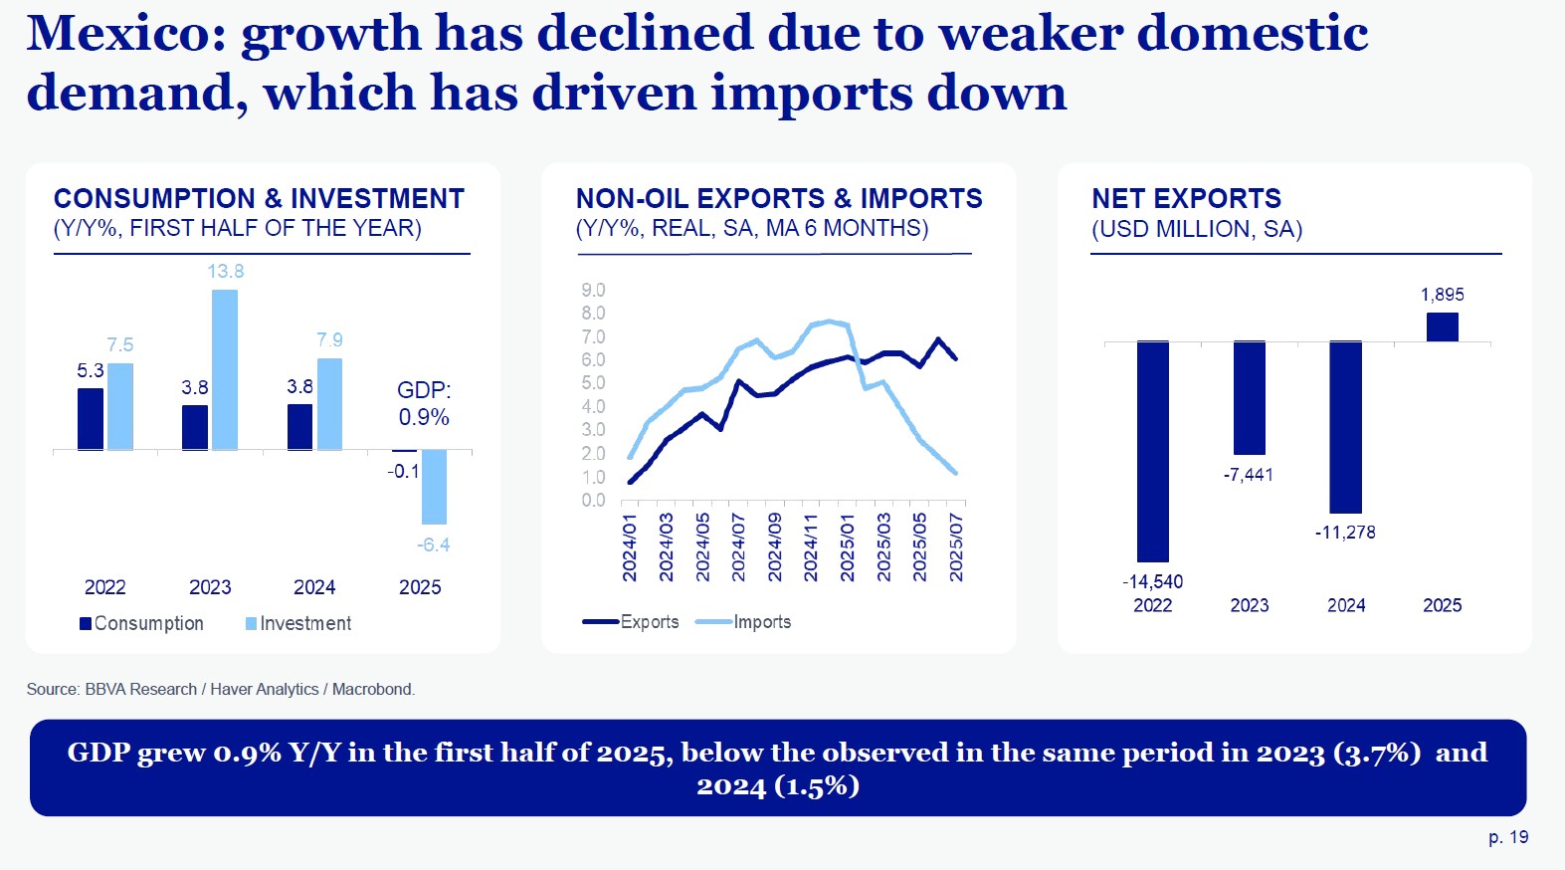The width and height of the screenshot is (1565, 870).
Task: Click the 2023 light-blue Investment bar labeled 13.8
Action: point(225,369)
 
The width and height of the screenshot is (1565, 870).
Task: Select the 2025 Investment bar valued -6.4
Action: point(434,487)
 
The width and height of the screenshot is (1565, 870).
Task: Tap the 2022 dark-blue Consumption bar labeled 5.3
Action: point(91,418)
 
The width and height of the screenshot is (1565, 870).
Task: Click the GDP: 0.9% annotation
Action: point(424,403)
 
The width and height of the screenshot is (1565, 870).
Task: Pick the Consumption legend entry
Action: point(142,623)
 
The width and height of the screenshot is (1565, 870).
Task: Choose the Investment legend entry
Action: point(298,623)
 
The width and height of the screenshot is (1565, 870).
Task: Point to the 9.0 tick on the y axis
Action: point(593,290)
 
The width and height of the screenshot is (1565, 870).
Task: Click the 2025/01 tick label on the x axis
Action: point(848,546)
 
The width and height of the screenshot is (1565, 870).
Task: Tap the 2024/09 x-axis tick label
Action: point(775,546)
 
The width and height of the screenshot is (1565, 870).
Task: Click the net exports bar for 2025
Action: point(1442,326)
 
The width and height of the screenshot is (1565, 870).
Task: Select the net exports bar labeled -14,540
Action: point(1153,451)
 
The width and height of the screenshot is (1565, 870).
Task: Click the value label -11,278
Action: point(1345,533)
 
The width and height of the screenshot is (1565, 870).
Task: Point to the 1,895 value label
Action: point(1442,295)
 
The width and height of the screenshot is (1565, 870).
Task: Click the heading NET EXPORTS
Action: point(1186,198)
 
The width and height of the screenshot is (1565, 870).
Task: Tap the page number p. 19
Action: point(1508,837)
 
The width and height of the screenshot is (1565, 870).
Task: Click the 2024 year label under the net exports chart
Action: point(1346,605)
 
